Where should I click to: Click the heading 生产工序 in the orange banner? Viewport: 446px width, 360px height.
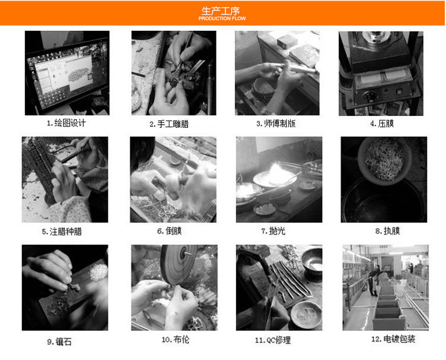[221, 11]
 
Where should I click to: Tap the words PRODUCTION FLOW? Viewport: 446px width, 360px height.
[222, 18]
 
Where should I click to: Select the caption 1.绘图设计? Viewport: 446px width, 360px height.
[66, 123]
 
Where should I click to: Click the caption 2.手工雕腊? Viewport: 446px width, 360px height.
[169, 124]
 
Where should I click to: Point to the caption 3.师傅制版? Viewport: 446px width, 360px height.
[276, 124]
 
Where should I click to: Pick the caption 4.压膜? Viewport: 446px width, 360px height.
[382, 124]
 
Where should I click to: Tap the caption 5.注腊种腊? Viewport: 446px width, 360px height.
[62, 232]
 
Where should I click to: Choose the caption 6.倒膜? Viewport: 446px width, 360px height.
[169, 230]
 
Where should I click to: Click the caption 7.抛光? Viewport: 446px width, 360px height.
[273, 230]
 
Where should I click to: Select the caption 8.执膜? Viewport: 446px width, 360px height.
[388, 230]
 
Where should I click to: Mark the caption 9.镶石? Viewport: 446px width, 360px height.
[59, 342]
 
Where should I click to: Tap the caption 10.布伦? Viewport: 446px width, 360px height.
[175, 340]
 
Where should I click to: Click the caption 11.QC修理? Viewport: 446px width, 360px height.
[273, 340]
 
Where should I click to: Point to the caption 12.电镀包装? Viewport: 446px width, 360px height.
[393, 339]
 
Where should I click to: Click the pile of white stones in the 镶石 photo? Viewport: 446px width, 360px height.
[99, 272]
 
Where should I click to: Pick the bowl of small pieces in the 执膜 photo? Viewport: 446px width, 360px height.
[385, 161]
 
